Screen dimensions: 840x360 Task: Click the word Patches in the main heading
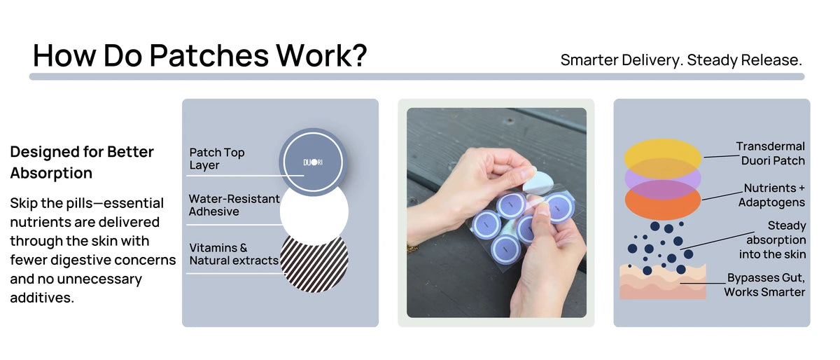pos(209,55)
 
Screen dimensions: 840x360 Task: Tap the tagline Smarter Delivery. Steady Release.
pos(681,60)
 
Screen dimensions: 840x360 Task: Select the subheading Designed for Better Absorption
pos(82,162)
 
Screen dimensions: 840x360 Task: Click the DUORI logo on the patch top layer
pos(313,162)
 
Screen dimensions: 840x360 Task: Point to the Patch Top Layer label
pos(217,158)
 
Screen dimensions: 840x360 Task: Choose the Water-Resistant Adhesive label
pos(234,205)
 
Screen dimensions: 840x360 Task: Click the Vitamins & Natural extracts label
pos(234,254)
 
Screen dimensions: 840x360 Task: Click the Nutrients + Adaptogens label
pos(772,195)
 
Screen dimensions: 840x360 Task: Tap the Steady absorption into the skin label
pos(773,240)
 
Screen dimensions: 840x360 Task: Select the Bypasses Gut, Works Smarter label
pos(764,284)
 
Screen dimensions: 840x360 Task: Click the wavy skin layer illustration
pos(663,282)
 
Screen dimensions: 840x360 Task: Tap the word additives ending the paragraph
pos(42,298)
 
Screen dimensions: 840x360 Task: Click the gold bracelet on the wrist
pos(412,248)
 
